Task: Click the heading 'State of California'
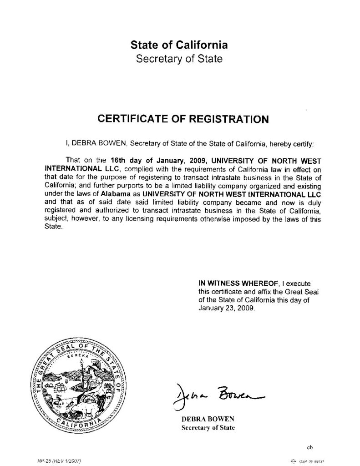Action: pyautogui.click(x=179, y=45)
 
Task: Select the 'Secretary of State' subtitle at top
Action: pyautogui.click(x=179, y=59)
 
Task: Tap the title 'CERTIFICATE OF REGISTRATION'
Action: pyautogui.click(x=183, y=119)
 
